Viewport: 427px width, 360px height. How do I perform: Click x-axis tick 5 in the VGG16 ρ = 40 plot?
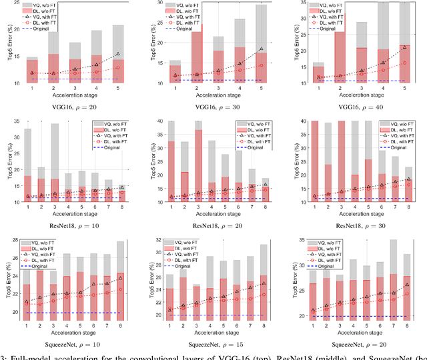tap(405, 87)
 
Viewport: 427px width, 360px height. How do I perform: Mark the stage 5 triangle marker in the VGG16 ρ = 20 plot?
tap(117, 54)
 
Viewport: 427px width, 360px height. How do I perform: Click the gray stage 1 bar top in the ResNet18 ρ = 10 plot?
tap(27, 129)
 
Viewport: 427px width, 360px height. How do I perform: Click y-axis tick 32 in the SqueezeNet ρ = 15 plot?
tap(155, 240)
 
